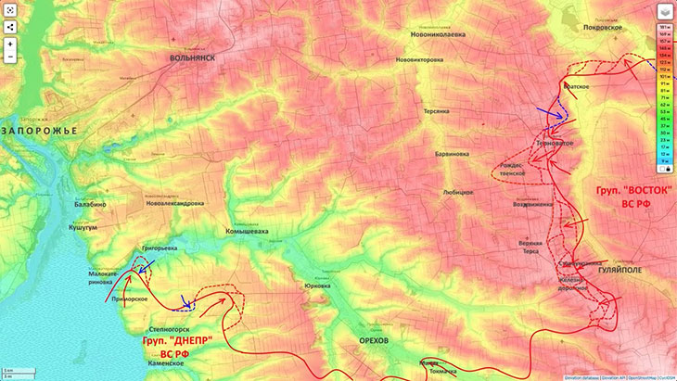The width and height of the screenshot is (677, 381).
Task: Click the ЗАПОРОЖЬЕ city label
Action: click(39, 131)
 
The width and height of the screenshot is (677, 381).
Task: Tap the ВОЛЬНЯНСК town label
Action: click(192, 57)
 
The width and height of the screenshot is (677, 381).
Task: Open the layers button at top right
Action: click(665, 12)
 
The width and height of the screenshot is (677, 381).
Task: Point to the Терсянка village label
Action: click(437, 110)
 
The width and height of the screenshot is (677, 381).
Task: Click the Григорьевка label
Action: click(159, 248)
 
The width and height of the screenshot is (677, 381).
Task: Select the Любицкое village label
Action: click(458, 193)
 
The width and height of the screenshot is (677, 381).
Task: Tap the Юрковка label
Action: click(317, 286)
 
